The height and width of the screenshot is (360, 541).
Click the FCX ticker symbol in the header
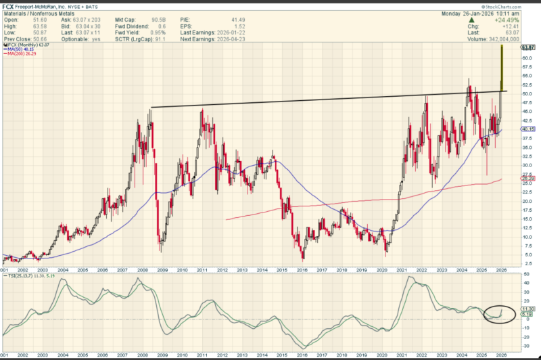[9, 5]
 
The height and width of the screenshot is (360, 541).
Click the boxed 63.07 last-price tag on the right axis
[528, 47]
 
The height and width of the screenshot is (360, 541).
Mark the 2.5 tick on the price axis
[526, 263]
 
